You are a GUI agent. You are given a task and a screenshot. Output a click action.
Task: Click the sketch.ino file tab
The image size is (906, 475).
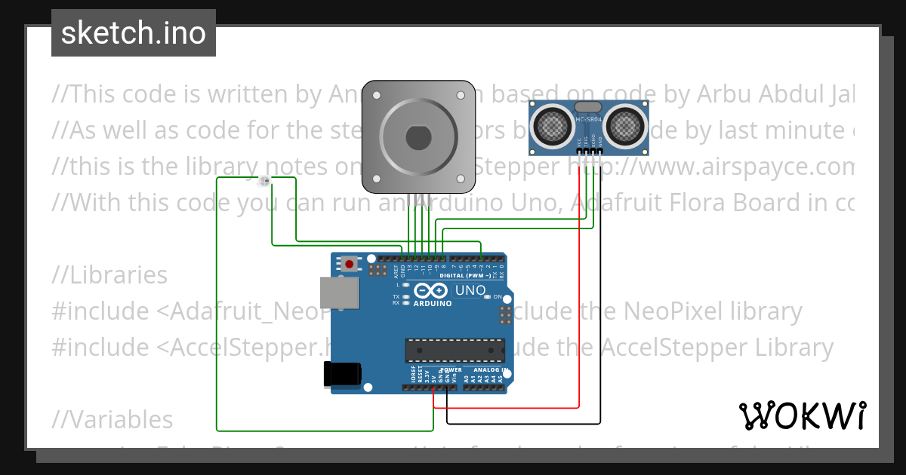click(134, 33)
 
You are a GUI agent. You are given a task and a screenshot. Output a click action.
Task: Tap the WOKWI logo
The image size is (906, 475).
click(802, 415)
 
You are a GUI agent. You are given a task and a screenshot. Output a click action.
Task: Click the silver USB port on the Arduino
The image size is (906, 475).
click(340, 293)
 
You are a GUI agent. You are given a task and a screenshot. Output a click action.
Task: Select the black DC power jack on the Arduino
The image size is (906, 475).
click(341, 375)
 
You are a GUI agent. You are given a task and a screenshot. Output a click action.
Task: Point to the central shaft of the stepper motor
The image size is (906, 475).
click(418, 138)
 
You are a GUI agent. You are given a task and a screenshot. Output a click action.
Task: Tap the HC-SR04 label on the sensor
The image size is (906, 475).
click(589, 120)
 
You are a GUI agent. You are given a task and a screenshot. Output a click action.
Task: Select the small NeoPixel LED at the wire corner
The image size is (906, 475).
click(265, 180)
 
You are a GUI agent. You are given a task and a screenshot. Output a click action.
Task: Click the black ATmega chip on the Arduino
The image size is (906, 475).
click(454, 350)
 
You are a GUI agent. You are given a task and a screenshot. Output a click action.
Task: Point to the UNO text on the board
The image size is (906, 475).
click(470, 291)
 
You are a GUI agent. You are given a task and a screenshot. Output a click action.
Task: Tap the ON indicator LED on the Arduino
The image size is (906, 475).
click(498, 297)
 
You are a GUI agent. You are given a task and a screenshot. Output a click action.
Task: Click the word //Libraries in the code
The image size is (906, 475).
click(110, 275)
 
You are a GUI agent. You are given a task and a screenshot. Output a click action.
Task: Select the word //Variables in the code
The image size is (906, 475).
click(112, 420)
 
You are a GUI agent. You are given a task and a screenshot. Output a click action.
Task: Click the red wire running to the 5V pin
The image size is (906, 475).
click(579, 302)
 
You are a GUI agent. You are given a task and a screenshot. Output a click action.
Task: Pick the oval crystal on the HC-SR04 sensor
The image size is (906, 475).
click(589, 108)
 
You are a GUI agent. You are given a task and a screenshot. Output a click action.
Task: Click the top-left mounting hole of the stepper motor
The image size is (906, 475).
click(377, 97)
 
